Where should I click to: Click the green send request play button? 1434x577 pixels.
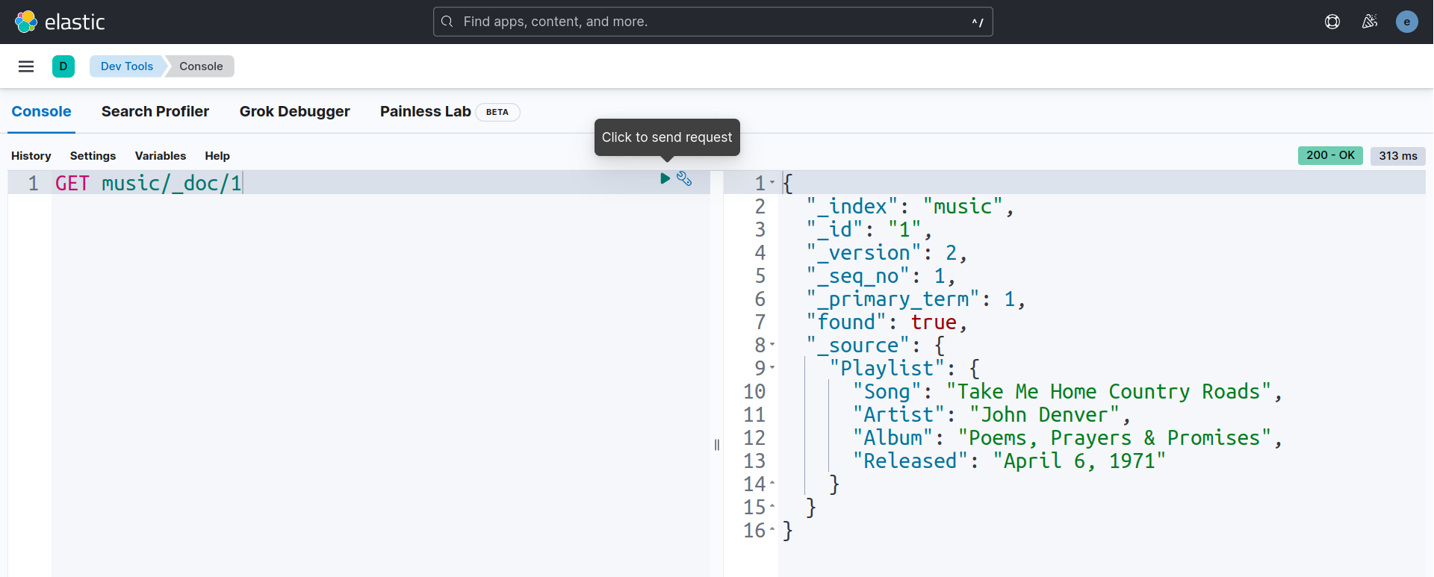(665, 178)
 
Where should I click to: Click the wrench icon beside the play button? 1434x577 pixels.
(684, 178)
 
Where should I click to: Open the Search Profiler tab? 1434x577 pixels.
(155, 111)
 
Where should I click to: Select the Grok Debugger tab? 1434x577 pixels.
(294, 111)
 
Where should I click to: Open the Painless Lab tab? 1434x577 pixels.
(425, 111)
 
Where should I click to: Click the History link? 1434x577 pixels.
(31, 156)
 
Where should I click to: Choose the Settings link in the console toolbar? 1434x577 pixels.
(93, 156)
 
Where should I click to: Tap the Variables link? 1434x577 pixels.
(161, 156)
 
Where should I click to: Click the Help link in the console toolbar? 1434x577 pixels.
(217, 156)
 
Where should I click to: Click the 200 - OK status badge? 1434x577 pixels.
(1330, 155)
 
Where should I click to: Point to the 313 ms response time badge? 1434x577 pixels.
(1398, 156)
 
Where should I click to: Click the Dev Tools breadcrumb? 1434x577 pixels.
(127, 66)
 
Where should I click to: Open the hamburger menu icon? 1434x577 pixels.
(26, 66)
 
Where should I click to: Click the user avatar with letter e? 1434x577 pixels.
(1406, 22)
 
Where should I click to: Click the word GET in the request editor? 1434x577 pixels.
(72, 183)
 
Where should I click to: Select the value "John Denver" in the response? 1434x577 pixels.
(1044, 414)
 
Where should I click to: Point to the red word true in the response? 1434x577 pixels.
(934, 322)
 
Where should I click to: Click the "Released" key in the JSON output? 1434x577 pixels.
(910, 461)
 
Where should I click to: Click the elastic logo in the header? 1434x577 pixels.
(60, 22)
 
